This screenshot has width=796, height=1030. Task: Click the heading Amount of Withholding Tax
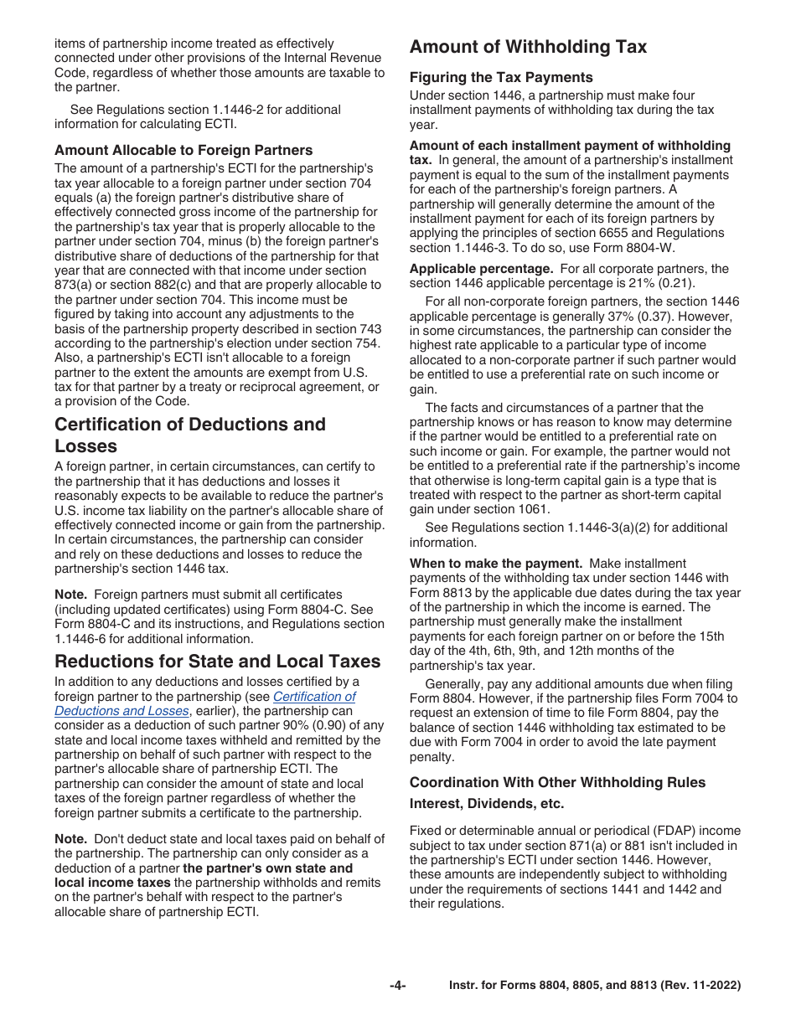click(x=528, y=47)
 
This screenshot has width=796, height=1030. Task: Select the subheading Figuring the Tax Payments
click(x=501, y=78)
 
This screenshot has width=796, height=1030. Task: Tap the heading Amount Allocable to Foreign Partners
click(x=183, y=150)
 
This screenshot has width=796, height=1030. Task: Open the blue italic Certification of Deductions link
click(x=314, y=697)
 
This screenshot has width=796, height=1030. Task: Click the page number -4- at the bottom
click(x=397, y=986)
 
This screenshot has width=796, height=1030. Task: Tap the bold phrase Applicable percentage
click(x=481, y=269)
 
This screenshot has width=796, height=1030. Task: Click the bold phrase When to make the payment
click(x=495, y=564)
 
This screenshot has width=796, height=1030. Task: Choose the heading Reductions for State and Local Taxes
click(x=218, y=662)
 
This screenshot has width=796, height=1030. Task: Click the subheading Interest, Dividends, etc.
click(x=487, y=804)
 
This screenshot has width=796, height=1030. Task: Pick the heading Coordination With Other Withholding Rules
click(x=557, y=782)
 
